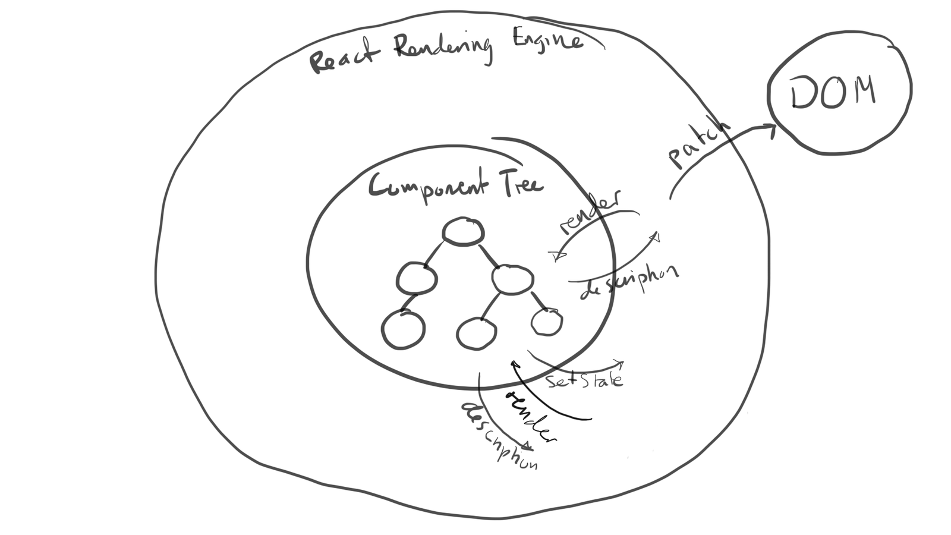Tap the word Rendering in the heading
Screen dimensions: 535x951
(x=443, y=48)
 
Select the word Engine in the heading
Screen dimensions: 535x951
(x=547, y=42)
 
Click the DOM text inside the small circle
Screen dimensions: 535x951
(x=833, y=93)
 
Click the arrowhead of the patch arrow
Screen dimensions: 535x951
(x=771, y=129)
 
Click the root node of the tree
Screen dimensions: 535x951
(x=462, y=231)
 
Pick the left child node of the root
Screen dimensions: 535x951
(x=416, y=278)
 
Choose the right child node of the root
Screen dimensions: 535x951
(x=512, y=279)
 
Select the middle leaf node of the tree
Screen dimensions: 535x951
(x=477, y=333)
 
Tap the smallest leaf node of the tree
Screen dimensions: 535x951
(x=546, y=322)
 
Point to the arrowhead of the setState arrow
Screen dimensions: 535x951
(x=621, y=363)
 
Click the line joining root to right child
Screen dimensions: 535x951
(x=489, y=254)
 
